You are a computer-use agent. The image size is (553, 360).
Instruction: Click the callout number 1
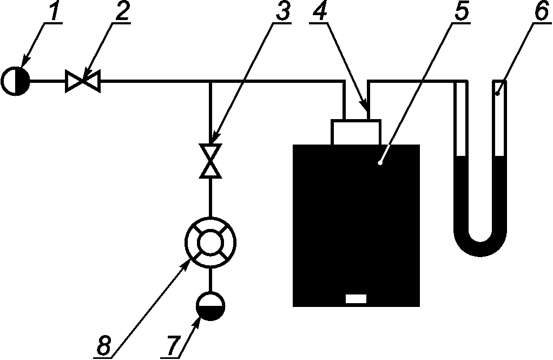click(55, 11)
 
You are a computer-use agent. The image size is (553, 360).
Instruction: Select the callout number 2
click(122, 11)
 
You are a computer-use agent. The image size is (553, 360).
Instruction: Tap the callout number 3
click(283, 11)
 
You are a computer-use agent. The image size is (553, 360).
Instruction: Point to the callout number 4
click(320, 11)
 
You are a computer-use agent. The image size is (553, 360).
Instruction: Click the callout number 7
click(174, 346)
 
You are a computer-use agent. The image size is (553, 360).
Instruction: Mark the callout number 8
click(104, 346)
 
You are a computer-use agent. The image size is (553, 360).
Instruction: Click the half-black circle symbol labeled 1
click(16, 81)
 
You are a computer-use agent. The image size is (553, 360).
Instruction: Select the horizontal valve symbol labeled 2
click(83, 81)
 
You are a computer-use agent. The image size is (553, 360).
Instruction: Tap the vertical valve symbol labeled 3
click(210, 161)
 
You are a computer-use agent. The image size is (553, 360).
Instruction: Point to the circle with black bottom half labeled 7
click(210, 306)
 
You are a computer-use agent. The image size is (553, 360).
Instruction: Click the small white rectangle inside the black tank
click(356, 299)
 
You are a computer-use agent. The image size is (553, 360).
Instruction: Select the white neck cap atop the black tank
click(356, 132)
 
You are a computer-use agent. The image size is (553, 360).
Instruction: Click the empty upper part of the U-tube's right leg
click(499, 118)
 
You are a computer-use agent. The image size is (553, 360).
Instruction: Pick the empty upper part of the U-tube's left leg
click(461, 118)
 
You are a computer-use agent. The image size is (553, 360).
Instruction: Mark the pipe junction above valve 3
click(210, 82)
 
